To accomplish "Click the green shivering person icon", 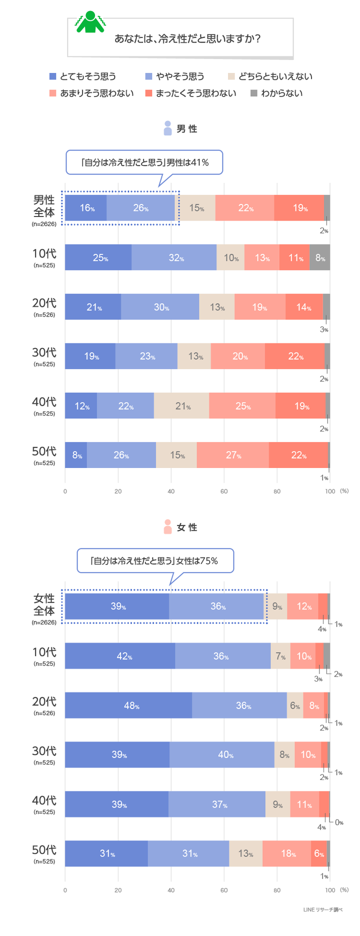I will point(90,22).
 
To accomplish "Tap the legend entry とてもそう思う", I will point(83,76).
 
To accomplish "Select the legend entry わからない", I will point(276,93).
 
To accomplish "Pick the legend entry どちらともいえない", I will point(270,76).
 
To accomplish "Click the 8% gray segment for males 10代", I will point(320,257).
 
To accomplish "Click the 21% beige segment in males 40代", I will point(181,405).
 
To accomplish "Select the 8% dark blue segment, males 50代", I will point(76,455).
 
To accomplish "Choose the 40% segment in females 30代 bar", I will point(222,754).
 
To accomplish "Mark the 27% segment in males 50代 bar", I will point(232,455).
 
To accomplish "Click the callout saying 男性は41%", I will point(144,162).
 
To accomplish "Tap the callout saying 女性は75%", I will point(155,561).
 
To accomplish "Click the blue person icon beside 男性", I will point(167,128).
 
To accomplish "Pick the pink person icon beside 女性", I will point(167,527).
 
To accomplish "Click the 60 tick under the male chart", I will point(224,491).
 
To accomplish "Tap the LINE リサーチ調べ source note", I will point(322,909).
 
